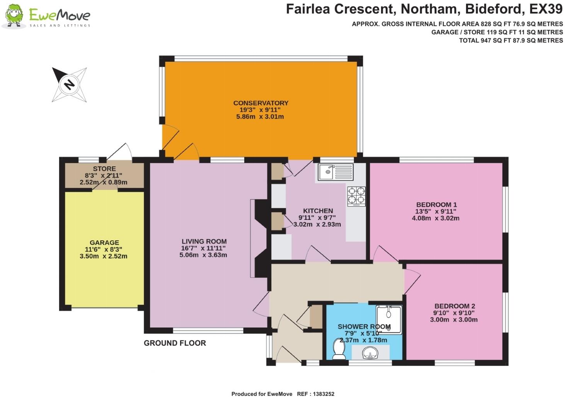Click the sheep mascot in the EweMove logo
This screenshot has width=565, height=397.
pyautogui.click(x=14, y=16)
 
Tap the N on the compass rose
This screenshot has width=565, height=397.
pyautogui.click(x=69, y=84)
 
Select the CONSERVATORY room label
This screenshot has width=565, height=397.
pyautogui.click(x=260, y=103)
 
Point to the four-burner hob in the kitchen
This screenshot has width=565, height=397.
pyautogui.click(x=356, y=195)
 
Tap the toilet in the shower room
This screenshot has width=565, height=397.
pyautogui.click(x=339, y=349)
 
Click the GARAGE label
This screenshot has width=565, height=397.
pyautogui.click(x=104, y=243)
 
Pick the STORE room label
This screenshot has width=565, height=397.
pyautogui.click(x=104, y=169)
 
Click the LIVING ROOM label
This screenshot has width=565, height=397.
pyautogui.click(x=204, y=242)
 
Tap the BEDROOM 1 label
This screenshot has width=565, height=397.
pyautogui.click(x=436, y=204)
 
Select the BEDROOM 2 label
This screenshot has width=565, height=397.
pyautogui.click(x=454, y=306)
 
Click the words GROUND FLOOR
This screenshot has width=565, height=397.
pyautogui.click(x=175, y=343)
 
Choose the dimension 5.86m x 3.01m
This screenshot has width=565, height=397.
pyautogui.click(x=260, y=117)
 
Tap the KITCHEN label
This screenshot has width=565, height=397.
pyautogui.click(x=318, y=211)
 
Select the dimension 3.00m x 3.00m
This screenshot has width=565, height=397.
pyautogui.click(x=454, y=319)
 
